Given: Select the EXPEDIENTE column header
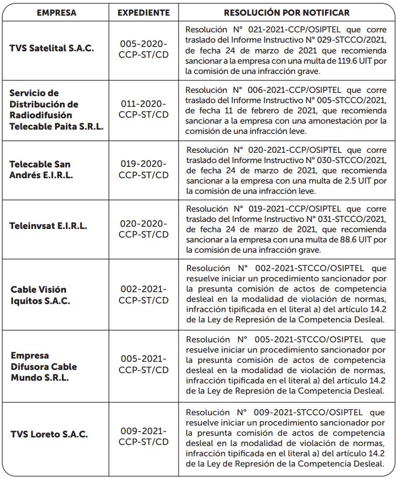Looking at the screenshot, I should pyautogui.click(x=143, y=12).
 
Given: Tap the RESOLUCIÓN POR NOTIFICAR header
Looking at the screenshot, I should pyautogui.click(x=286, y=12).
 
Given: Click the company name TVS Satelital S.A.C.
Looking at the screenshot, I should pyautogui.click(x=52, y=48).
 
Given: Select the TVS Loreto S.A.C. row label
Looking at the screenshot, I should pyautogui.click(x=49, y=434).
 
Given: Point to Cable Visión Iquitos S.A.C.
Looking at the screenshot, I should pyautogui.click(x=40, y=295).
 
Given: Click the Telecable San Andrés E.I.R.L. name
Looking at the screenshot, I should pyautogui.click(x=40, y=169).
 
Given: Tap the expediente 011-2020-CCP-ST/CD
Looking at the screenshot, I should pyautogui.click(x=143, y=109).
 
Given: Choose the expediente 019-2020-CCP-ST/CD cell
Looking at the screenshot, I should pyautogui.click(x=143, y=169).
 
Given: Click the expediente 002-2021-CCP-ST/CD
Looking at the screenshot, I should pyautogui.click(x=143, y=295).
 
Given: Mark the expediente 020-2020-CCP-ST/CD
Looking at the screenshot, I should pyautogui.click(x=143, y=228).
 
